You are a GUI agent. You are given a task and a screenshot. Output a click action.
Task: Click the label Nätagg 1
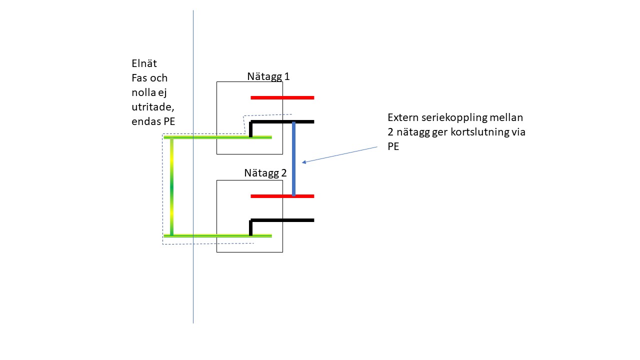tap(268, 76)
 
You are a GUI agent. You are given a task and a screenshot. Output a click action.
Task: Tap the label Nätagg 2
tap(265, 173)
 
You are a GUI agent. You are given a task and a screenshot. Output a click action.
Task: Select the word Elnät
tap(144, 64)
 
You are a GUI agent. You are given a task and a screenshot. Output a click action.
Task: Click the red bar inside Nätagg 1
tap(282, 97)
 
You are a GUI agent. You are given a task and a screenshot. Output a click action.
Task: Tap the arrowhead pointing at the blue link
tap(304, 161)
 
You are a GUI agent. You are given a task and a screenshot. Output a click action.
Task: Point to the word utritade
tap(152, 107)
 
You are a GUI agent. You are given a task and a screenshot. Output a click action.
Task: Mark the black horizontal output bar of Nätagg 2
tap(282, 220)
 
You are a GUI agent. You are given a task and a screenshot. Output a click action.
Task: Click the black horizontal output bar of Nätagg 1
tap(282, 121)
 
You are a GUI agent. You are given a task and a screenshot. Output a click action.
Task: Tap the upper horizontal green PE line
tap(217, 136)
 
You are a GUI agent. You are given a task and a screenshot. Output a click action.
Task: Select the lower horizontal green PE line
tap(217, 235)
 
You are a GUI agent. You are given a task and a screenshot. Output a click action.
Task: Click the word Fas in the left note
tap(139, 78)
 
